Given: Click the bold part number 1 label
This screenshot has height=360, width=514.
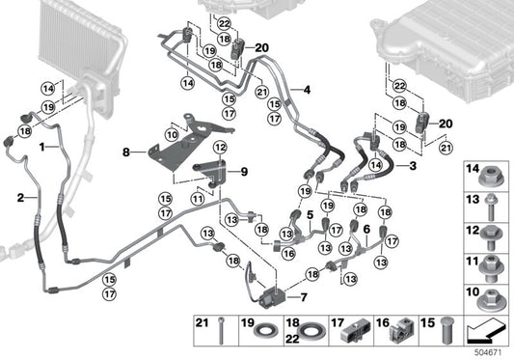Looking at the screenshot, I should pyautogui.click(x=41, y=144).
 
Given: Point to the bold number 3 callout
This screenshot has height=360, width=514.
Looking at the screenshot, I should pyautogui.click(x=414, y=167).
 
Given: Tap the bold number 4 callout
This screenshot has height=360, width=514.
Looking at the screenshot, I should pyautogui.click(x=307, y=91).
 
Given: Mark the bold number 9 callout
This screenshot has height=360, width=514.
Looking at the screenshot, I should pyautogui.click(x=243, y=172).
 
